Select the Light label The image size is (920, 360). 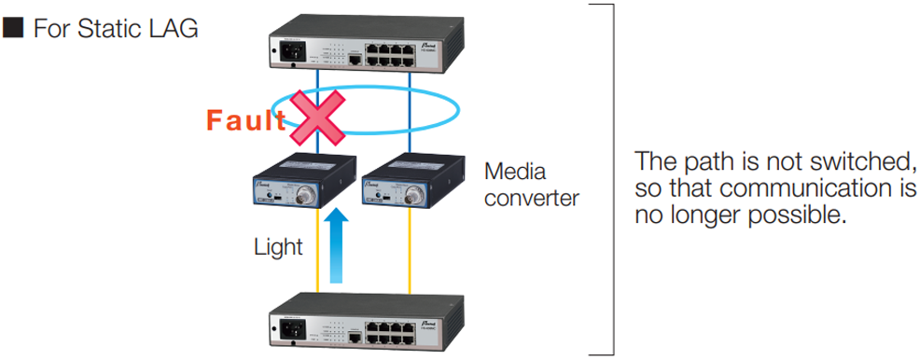pyautogui.click(x=278, y=247)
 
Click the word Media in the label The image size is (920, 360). pyautogui.click(x=515, y=173)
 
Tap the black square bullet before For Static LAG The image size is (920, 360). pyautogui.click(x=12, y=28)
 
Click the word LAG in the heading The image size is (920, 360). pyautogui.click(x=172, y=29)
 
